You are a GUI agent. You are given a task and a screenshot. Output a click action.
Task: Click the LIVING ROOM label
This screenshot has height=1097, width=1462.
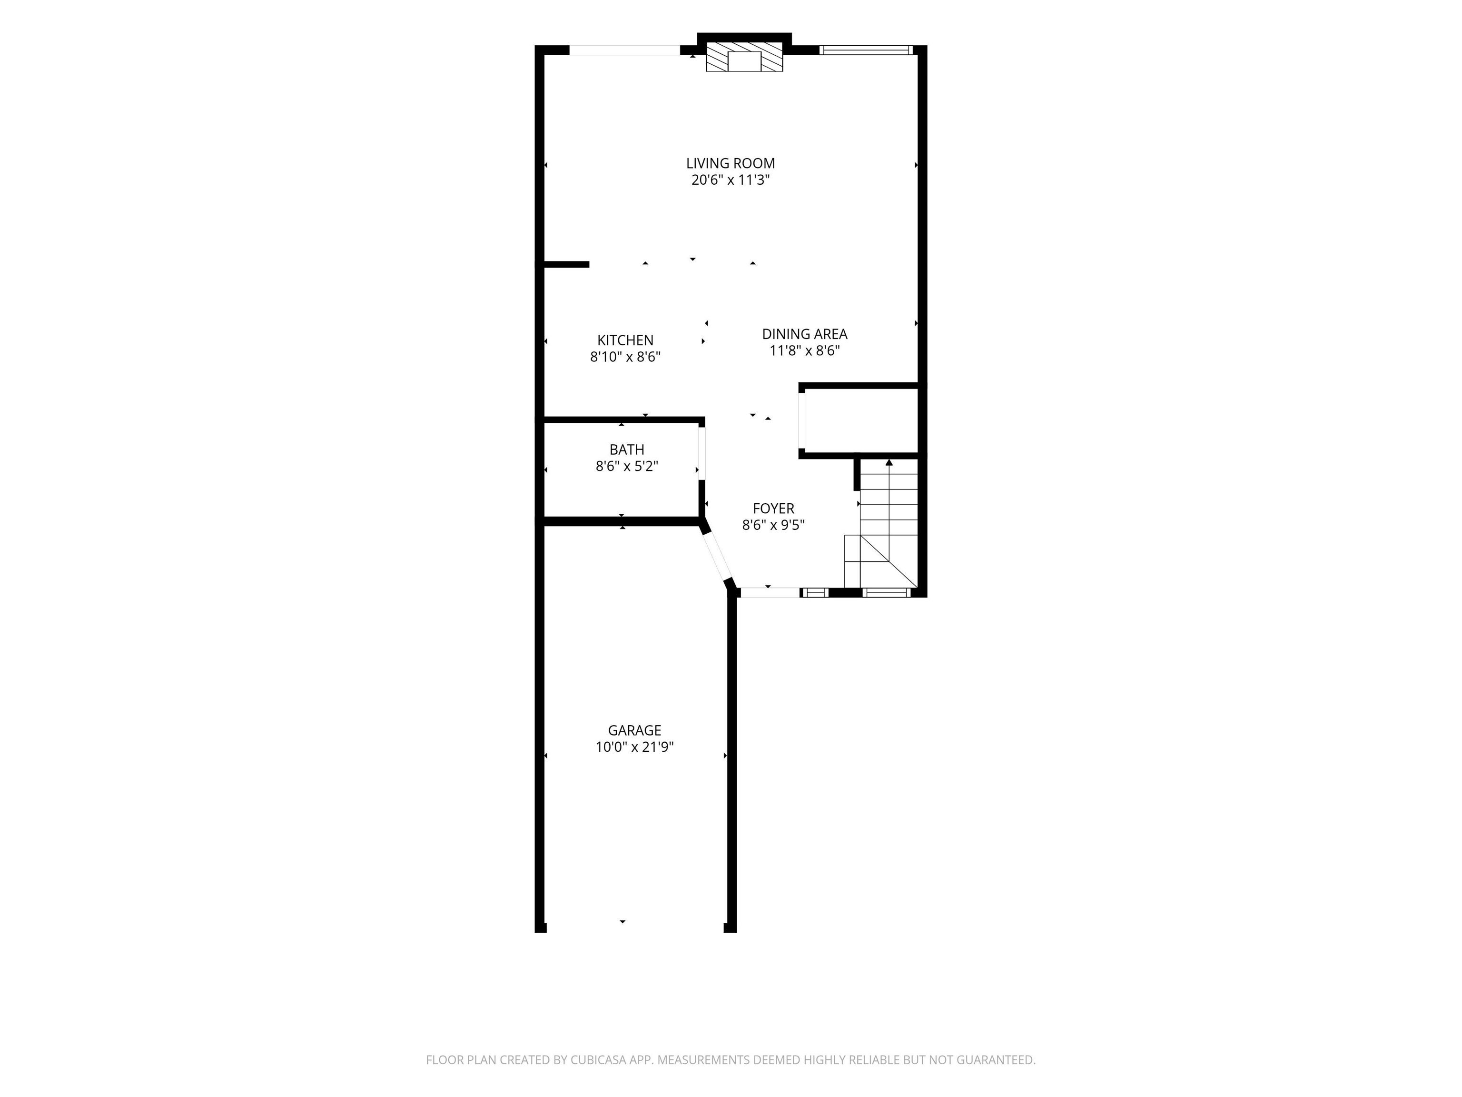coord(731,163)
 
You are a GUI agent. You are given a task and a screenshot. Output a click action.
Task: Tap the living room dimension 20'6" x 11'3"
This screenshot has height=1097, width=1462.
coord(731,180)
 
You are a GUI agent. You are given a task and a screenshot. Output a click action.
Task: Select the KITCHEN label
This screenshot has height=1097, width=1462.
coord(625,340)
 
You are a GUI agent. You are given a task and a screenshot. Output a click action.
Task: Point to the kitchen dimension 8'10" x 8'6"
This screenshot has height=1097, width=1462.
coord(625,357)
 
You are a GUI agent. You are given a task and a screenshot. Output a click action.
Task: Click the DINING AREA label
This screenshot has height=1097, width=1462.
coord(804,335)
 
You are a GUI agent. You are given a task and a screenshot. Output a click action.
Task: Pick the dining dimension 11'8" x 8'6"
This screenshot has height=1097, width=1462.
coord(804,351)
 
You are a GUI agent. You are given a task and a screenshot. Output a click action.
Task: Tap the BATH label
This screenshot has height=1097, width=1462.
coord(627,449)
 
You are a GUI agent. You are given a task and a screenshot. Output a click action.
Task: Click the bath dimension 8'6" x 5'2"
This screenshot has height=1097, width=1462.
coord(627,466)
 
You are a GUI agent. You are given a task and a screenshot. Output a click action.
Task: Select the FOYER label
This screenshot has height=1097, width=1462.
coord(773,509)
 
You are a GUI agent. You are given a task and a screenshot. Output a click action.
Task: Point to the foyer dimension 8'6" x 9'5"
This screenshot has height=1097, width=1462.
coord(773,525)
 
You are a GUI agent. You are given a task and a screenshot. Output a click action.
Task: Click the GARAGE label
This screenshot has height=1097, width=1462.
coord(634,731)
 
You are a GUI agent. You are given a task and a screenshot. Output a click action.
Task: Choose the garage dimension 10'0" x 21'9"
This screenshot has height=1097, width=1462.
coord(634,747)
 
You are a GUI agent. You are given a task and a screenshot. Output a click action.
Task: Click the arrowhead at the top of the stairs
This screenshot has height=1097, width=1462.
coord(889,462)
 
